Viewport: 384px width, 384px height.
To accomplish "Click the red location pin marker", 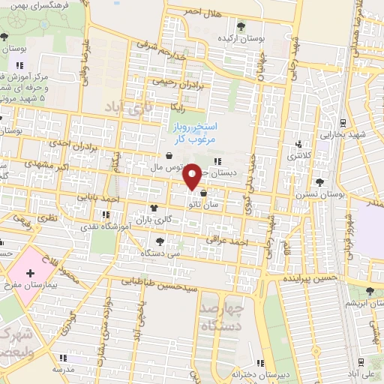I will (193, 176).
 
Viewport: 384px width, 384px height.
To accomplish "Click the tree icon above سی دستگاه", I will (160, 241).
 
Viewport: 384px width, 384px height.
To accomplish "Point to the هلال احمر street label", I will (204, 11).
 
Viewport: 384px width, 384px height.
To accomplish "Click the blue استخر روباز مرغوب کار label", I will (187, 133).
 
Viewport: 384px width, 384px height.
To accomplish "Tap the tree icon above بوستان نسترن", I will (320, 182).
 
